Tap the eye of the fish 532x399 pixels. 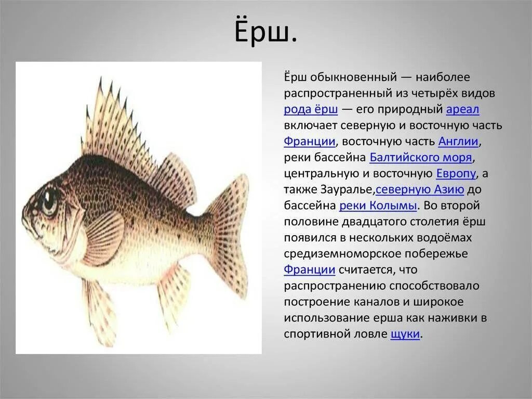pyautogui.click(x=49, y=200)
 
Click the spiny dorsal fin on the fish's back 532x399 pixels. pyautogui.click(x=119, y=125)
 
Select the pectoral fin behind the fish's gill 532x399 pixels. pyautogui.click(x=104, y=237)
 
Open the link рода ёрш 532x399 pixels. pyautogui.click(x=311, y=110)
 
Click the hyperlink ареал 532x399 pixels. pyautogui.click(x=463, y=110)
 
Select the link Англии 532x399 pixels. pyautogui.click(x=459, y=141)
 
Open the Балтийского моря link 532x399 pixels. pyautogui.click(x=421, y=158)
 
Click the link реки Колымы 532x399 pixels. pyautogui.click(x=378, y=206)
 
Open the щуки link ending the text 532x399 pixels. pyautogui.click(x=405, y=334)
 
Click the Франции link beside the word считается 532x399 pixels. pyautogui.click(x=309, y=270)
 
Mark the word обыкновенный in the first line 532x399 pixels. pyautogui.click(x=353, y=78)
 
